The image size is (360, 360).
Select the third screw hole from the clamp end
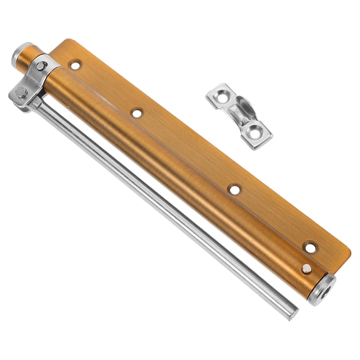tap(234, 189)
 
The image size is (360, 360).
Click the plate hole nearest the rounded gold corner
tap(311, 247)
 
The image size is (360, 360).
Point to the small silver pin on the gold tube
tap(306, 268)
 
